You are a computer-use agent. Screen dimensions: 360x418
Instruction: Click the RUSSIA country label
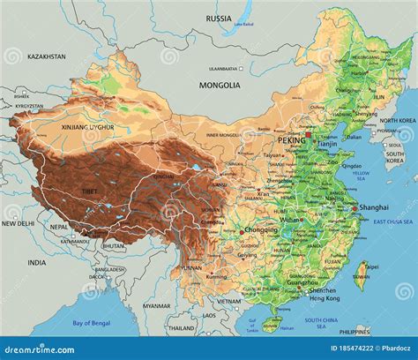click(x=219, y=19)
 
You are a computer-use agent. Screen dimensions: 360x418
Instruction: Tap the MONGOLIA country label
click(x=220, y=86)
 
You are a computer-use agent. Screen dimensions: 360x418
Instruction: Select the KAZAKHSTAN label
click(x=46, y=56)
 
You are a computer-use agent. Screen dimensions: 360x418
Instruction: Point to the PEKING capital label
click(x=291, y=140)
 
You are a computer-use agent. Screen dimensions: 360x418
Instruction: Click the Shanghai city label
click(x=372, y=207)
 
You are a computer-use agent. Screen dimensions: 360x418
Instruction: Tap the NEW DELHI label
click(x=17, y=224)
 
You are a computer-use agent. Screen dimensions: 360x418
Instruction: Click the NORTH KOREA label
click(x=401, y=121)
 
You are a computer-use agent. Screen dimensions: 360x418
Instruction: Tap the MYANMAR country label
click(x=157, y=306)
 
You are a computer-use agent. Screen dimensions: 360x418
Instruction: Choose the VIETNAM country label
click(x=229, y=301)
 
